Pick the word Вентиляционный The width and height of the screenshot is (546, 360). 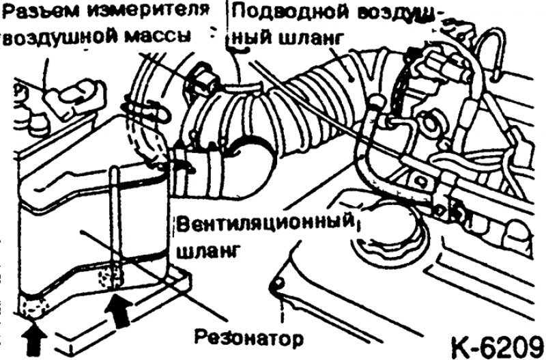264,224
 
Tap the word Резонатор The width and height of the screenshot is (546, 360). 248,337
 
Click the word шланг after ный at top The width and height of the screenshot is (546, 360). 313,39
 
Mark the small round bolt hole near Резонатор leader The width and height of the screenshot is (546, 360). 278,284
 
